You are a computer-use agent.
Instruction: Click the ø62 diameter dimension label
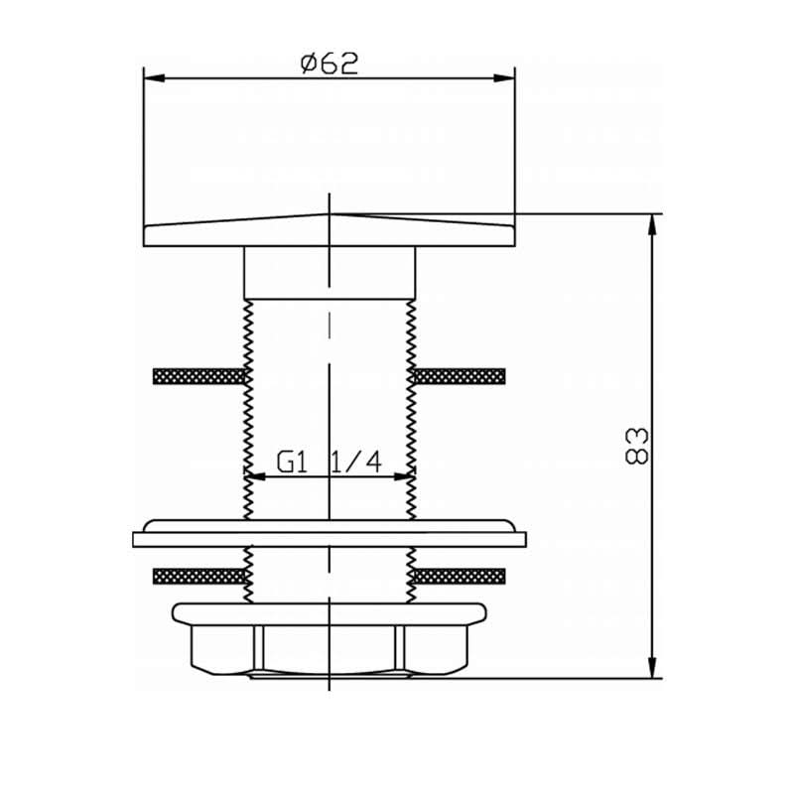[x=330, y=64]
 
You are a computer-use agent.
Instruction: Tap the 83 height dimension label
[x=636, y=446]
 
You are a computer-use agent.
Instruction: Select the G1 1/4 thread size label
[x=330, y=462]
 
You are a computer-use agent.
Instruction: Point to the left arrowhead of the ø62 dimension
[x=155, y=78]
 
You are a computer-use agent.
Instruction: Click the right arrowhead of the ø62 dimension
[x=504, y=78]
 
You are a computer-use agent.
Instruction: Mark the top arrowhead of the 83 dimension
[x=653, y=225]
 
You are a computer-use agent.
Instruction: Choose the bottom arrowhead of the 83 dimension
[x=653, y=667]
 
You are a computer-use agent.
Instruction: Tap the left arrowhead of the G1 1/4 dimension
[x=255, y=476]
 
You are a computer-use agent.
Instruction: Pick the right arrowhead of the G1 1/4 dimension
[x=405, y=476]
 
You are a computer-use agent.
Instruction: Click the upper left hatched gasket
[x=199, y=376]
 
